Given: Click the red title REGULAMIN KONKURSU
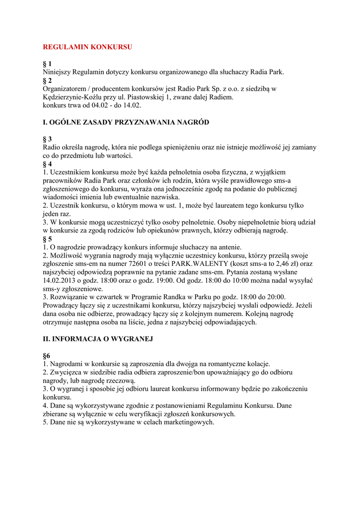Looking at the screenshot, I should pos(87,47).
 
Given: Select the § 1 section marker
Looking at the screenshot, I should pos(47,63).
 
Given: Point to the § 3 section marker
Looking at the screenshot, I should pos(47,139).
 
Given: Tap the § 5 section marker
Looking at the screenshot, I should pos(47,239).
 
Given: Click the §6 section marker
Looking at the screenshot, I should pos(47,356).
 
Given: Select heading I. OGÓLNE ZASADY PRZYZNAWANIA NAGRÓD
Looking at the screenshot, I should pos(126,122).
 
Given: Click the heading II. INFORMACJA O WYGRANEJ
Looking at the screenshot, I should pos(98,339).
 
